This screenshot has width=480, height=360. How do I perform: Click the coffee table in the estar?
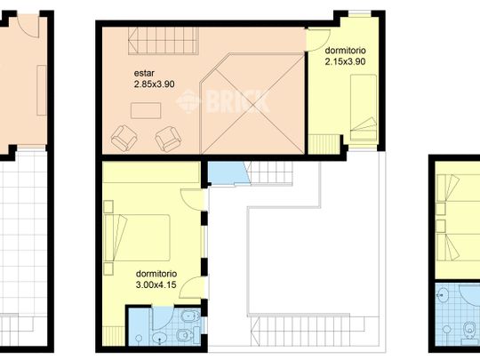click(x=144, y=110)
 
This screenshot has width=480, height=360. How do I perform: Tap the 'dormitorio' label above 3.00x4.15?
click(x=156, y=274)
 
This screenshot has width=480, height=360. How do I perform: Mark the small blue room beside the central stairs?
click(x=222, y=173)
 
